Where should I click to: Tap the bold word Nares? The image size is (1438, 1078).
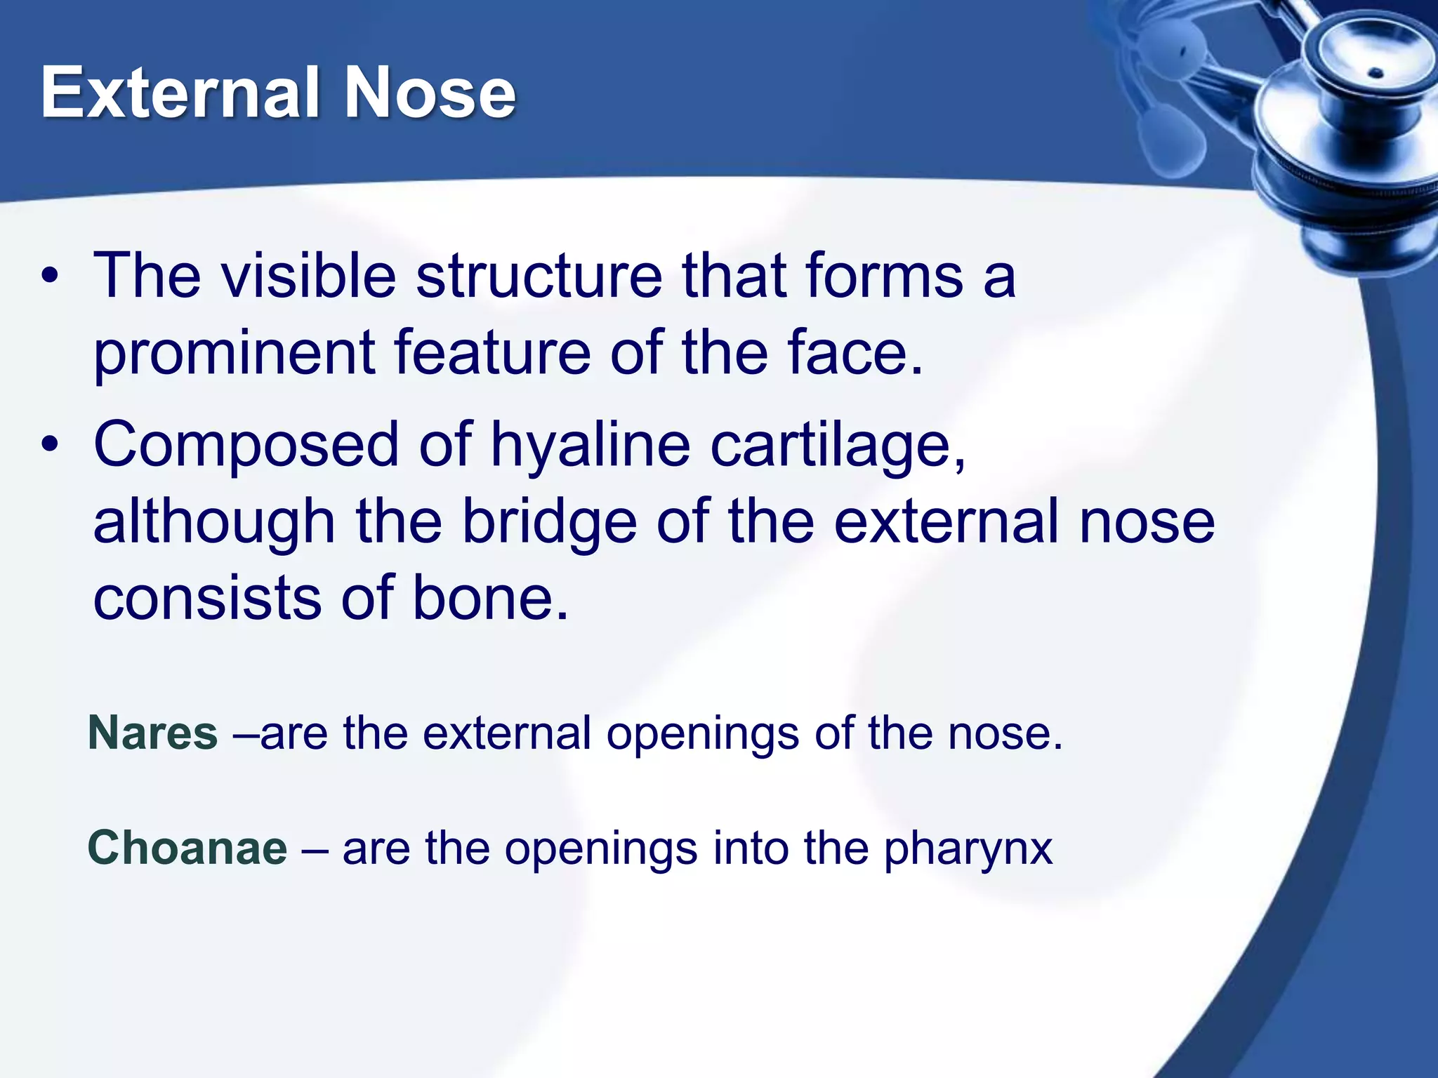[152, 733]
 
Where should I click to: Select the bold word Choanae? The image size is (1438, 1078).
[187, 848]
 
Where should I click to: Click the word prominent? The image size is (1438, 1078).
[234, 353]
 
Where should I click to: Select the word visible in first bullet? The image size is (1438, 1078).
[309, 276]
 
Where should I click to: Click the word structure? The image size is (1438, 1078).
[539, 276]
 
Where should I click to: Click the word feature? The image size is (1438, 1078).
[492, 353]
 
